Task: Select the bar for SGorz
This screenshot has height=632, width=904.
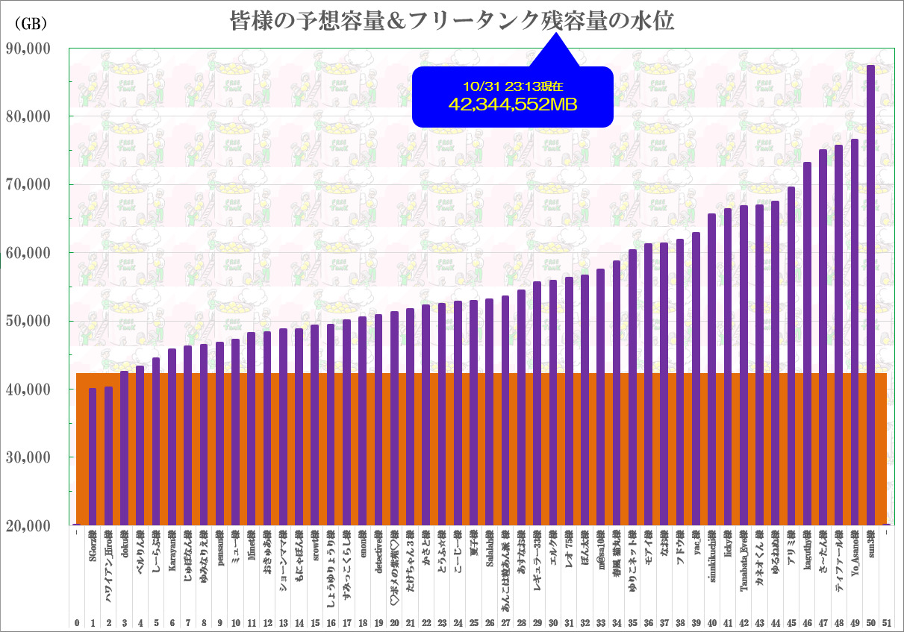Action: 93,456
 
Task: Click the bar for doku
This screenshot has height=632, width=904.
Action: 125,448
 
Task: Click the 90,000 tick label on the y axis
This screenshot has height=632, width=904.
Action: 28,49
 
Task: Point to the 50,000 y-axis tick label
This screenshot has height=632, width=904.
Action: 28,321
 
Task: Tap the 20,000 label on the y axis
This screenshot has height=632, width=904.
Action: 28,525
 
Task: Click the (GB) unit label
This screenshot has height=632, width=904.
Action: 31,24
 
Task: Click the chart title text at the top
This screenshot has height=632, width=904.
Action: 452,22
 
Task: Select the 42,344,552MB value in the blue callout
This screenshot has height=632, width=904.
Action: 512,105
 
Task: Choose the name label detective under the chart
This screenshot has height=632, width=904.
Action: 378,556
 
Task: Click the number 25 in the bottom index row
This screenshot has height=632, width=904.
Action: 474,622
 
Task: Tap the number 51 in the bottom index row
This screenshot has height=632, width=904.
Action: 887,622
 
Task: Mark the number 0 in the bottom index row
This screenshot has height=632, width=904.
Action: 77,622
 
